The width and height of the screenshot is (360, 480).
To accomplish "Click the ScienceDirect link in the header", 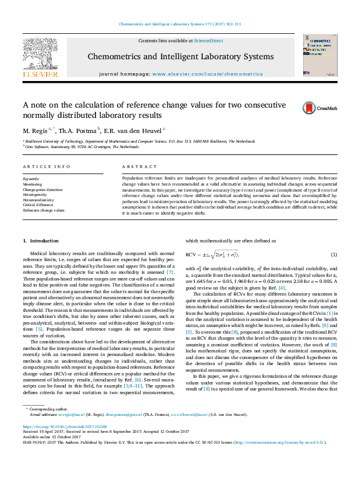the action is point(208,41).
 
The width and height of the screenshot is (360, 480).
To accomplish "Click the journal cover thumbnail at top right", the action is point(319,55).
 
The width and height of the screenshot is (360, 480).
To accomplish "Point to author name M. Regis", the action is point(35,131).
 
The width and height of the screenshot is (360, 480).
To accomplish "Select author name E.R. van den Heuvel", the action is point(133,131).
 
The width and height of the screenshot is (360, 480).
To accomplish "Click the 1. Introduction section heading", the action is point(41,241).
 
